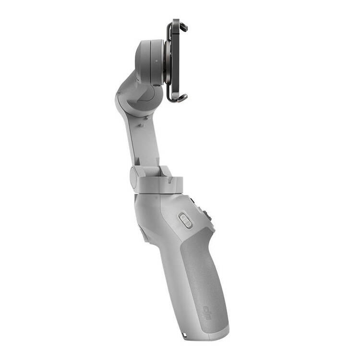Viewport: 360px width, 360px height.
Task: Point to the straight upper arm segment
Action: tap(144, 139)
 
